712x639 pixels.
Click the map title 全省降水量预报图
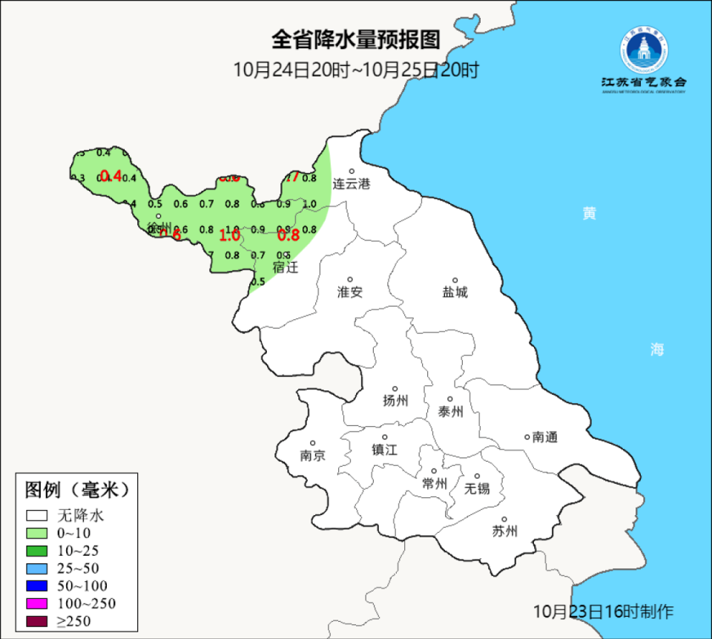pos(356,39)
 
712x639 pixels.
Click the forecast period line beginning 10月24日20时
pos(356,71)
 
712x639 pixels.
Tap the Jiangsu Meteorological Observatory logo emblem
pos(644,50)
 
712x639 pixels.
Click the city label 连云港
pos(350,183)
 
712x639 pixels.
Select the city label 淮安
pos(350,292)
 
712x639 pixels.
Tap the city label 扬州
pos(395,402)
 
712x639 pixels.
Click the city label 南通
pos(544,437)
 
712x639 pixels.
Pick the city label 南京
pos(312,456)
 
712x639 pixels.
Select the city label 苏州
pos(504,531)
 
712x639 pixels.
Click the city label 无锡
pos(477,488)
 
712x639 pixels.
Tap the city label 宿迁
pos(285,267)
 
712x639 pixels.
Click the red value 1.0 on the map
pos(230,236)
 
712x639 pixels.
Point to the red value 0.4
pos(111,176)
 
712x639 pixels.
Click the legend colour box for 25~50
pos(37,568)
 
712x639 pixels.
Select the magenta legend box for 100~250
pos(37,603)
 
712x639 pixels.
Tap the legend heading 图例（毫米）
pos(77,490)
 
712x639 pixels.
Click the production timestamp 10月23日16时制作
pos(603,612)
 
